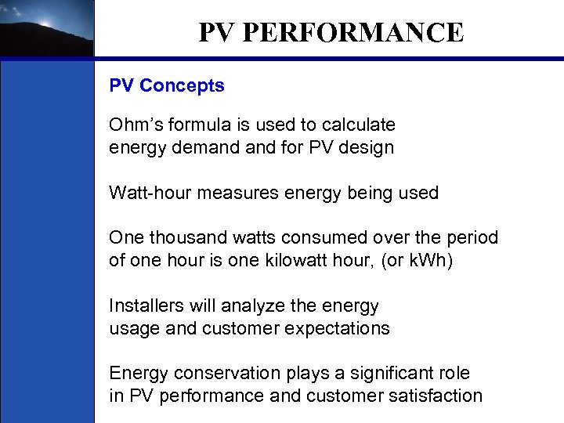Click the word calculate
(356, 125)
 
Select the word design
(366, 147)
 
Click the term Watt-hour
(150, 193)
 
